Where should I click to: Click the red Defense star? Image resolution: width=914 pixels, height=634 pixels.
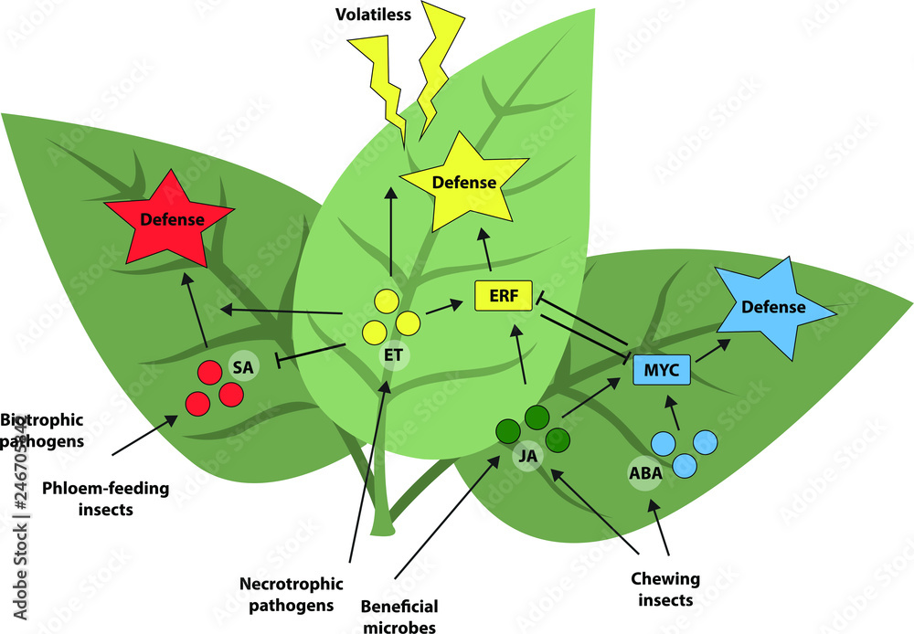(x=168, y=219)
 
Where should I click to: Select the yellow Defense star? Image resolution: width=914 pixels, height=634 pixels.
(x=463, y=184)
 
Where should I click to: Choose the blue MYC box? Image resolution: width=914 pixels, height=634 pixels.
(x=662, y=369)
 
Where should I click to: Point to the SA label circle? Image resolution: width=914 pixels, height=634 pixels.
(x=243, y=365)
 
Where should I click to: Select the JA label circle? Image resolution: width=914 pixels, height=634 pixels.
(x=526, y=456)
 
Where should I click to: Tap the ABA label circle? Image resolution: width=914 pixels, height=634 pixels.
(x=645, y=473)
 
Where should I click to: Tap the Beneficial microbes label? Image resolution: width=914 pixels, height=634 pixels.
(x=399, y=616)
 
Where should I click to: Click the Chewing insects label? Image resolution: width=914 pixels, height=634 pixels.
(x=665, y=588)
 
